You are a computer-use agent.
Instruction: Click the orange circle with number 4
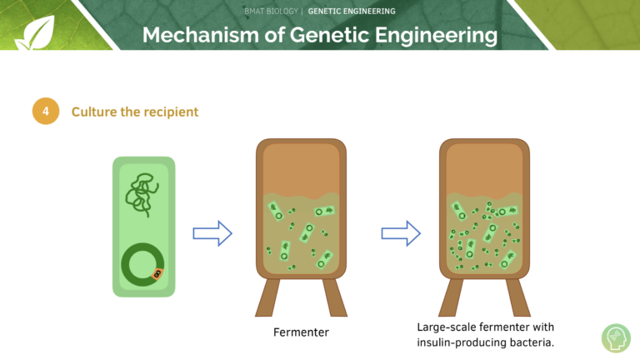pos(46,111)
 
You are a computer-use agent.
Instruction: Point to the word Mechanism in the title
pos(201,35)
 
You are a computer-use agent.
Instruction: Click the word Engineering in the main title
pos(437,36)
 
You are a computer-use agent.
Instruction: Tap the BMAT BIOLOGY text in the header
pos(271,12)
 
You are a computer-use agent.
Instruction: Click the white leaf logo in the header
pos(36,33)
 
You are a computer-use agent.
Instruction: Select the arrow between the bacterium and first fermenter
pos(212,233)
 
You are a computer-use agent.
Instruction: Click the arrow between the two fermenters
pos(401,233)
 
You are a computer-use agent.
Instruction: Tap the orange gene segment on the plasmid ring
pos(157,274)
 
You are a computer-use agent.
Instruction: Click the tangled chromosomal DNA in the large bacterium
pos(142,195)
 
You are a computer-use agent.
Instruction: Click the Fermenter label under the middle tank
pos(301,332)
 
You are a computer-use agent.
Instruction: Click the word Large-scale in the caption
pos(446,327)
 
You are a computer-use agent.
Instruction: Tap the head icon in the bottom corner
pos(617,338)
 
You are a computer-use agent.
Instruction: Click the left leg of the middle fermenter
pos(267,297)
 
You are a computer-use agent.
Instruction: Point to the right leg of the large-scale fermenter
pos(518,297)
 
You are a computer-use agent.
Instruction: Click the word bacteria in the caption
pos(536,342)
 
